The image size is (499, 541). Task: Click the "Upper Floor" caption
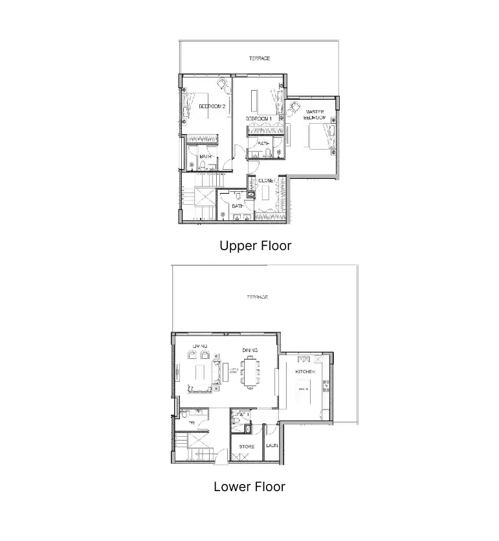tap(255, 246)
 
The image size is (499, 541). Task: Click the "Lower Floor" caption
tap(249, 486)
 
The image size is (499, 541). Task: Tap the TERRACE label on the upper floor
tap(259, 58)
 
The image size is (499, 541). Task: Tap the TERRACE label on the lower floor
tap(257, 297)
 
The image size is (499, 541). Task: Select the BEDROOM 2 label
tap(212, 106)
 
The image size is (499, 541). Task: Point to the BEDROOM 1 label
tap(258, 120)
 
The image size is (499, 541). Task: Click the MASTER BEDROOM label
tap(315, 115)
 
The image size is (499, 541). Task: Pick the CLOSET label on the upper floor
tap(267, 181)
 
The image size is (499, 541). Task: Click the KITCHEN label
tap(305, 372)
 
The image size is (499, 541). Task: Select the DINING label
tap(250, 350)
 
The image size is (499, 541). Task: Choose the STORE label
tap(247, 446)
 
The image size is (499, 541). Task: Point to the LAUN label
tap(272, 446)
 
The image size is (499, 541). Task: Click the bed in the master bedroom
tap(321, 137)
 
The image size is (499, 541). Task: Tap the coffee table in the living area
tap(201, 373)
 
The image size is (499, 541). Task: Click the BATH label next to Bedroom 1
tap(264, 143)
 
